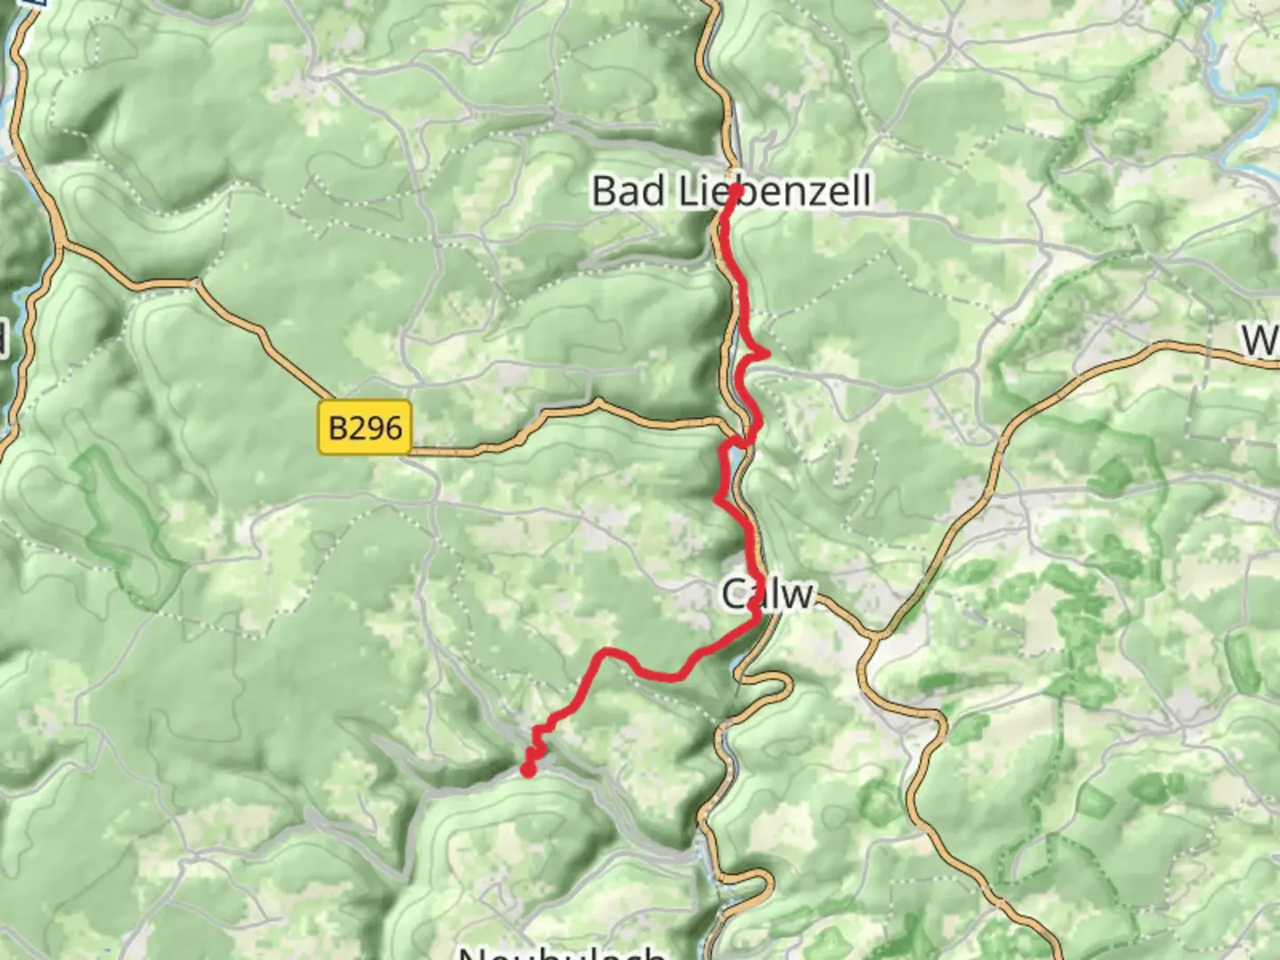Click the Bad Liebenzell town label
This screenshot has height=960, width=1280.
pyautogui.click(x=731, y=191)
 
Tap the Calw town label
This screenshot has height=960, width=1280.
pyautogui.click(x=767, y=594)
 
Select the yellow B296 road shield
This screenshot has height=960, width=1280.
pyautogui.click(x=365, y=428)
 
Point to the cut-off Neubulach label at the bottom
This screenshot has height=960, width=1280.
pyautogui.click(x=562, y=951)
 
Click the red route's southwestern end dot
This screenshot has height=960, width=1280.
pyautogui.click(x=528, y=771)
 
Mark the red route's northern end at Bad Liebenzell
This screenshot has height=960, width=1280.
pyautogui.click(x=736, y=189)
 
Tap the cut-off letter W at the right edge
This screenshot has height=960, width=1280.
pyautogui.click(x=1261, y=340)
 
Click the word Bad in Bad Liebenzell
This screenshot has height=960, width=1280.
pyautogui.click(x=629, y=191)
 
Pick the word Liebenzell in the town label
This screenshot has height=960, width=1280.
pyautogui.click(x=775, y=191)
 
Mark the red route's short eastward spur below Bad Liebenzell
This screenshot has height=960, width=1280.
pyautogui.click(x=761, y=354)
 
